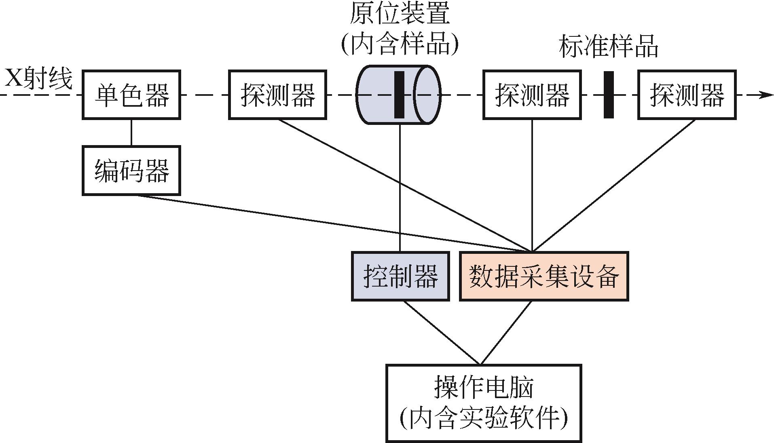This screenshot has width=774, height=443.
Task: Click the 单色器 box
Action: click(x=131, y=95)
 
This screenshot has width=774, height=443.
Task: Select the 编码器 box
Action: click(x=131, y=171)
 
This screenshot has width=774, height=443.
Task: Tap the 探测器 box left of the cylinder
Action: click(x=277, y=95)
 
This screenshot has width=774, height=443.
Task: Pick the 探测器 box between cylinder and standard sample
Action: click(x=532, y=95)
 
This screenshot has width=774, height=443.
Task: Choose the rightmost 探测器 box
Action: click(x=686, y=95)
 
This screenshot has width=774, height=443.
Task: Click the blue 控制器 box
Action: click(x=400, y=276)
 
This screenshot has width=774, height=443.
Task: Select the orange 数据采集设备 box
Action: click(x=543, y=276)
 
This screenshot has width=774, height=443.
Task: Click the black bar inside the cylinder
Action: click(x=399, y=95)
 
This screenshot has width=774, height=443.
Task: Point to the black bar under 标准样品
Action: click(x=608, y=95)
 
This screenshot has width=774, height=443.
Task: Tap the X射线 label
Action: click(x=38, y=79)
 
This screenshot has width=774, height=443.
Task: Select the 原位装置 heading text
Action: click(x=400, y=14)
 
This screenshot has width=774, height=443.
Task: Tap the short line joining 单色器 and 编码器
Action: click(x=131, y=133)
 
